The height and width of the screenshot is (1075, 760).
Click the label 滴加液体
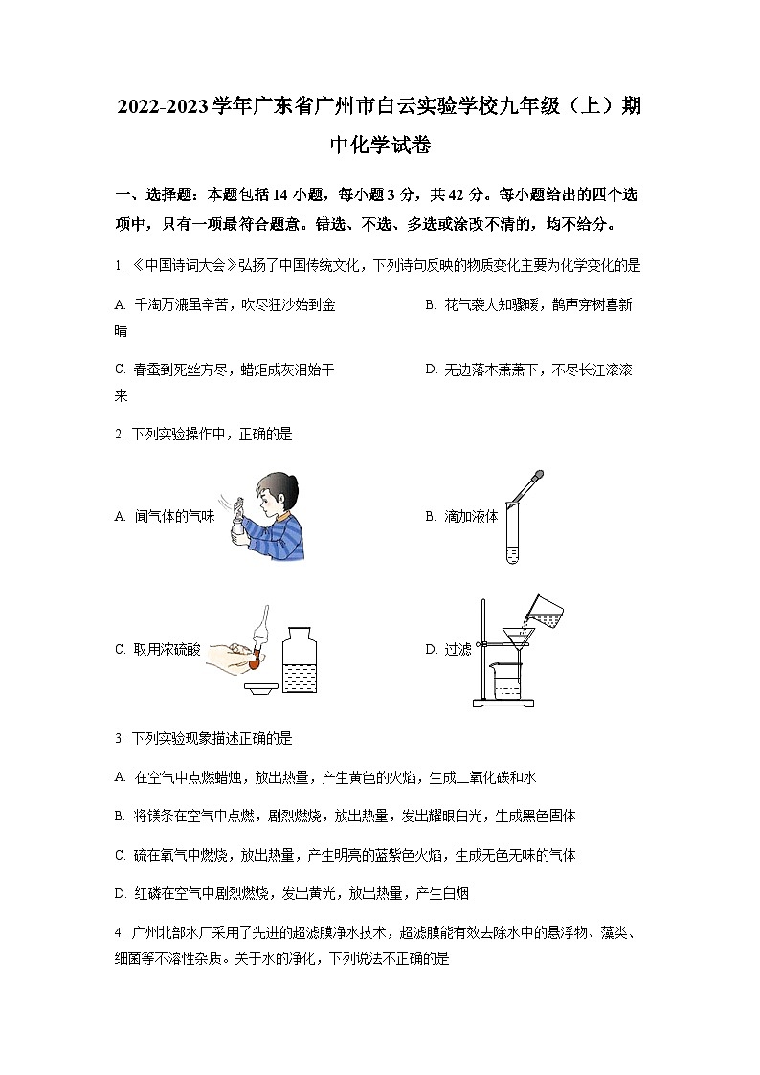tap(471, 516)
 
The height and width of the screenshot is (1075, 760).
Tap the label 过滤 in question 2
tap(458, 649)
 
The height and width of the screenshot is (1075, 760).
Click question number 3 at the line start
tap(118, 738)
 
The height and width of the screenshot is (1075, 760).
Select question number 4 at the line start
tap(118, 932)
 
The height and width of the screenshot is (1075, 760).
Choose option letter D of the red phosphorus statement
tap(120, 893)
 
